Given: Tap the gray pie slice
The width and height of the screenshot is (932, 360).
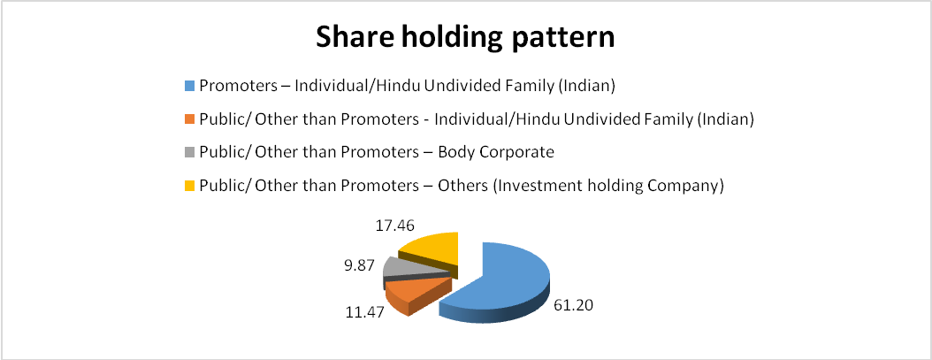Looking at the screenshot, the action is point(410,268).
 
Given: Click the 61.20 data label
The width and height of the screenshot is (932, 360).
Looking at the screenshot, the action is point(574,306).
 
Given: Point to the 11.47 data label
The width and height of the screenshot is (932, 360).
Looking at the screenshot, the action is point(365,311).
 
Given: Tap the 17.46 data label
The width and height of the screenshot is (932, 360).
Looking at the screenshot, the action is point(395,226).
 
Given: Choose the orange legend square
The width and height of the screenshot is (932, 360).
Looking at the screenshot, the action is point(189,119).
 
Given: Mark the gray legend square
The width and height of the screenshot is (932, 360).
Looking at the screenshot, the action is point(189,153).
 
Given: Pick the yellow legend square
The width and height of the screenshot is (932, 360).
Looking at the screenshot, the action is point(189,187).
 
